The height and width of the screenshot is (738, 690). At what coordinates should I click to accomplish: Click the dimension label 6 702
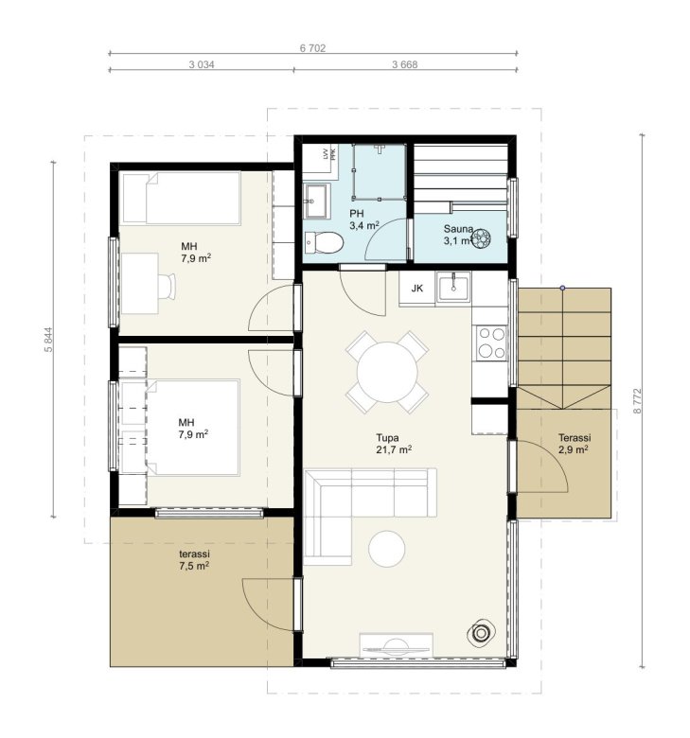point(312,48)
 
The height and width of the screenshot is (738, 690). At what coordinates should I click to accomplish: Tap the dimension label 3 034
point(202,64)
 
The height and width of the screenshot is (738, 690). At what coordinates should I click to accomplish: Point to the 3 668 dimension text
point(404,64)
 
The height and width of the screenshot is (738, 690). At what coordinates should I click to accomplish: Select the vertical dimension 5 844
point(48,340)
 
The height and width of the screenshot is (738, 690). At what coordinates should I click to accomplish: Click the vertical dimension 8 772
point(637,400)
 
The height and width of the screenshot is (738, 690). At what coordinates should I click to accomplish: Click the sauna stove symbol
point(482,238)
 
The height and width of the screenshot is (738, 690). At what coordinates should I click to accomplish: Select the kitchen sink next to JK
point(452,287)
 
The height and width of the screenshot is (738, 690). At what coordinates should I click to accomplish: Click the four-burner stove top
point(491,343)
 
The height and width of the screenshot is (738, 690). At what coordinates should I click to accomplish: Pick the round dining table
point(387,372)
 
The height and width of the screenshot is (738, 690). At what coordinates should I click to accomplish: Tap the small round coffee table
point(387,549)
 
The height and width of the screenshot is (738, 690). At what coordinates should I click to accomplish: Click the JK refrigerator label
point(416,289)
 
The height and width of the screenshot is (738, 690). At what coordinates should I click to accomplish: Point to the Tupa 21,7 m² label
point(394,444)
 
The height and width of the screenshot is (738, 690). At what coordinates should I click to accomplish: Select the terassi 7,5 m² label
point(194,559)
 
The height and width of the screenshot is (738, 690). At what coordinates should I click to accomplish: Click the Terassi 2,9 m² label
point(575,444)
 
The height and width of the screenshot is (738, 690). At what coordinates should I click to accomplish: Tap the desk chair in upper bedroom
point(167,286)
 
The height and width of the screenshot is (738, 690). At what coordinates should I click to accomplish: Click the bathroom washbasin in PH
point(316,201)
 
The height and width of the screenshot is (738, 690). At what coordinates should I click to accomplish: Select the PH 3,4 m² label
point(364,220)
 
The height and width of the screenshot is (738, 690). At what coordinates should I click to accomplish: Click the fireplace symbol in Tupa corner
point(481,633)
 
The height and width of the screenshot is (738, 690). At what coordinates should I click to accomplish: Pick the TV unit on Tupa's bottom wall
point(396,645)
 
